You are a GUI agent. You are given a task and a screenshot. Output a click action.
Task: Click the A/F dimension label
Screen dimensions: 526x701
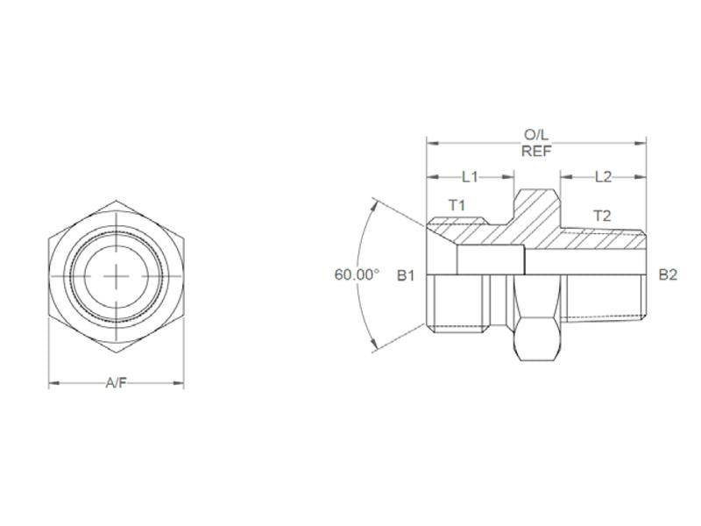tap(117, 383)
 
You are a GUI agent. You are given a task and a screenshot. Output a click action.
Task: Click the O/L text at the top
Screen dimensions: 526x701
tap(536, 135)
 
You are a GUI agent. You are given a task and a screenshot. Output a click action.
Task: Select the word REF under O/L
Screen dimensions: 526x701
tap(536, 150)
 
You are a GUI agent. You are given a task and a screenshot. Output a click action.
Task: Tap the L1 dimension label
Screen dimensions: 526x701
tap(470, 176)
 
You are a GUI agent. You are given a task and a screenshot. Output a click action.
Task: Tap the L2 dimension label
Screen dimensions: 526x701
tap(603, 176)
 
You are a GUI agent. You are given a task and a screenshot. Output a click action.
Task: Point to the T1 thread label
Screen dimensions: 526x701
tap(457, 204)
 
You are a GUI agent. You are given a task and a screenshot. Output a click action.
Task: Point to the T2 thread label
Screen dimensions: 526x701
tap(602, 215)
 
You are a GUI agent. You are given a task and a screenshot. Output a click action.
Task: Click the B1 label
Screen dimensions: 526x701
tap(405, 275)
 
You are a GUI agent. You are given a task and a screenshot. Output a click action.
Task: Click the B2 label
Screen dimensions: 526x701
tap(668, 275)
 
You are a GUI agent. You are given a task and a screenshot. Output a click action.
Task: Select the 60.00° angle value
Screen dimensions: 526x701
tap(357, 274)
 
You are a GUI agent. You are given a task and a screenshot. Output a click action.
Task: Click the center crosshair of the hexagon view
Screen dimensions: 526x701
tap(117, 276)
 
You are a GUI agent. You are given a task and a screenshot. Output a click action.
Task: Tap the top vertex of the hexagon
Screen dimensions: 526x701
tap(117, 200)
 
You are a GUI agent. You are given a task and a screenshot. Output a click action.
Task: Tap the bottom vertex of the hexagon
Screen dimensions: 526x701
tap(117, 353)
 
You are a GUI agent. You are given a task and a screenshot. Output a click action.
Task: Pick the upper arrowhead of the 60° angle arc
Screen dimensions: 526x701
tap(378, 203)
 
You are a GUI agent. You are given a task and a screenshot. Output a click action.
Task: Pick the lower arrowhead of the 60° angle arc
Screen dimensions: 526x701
tap(378, 347)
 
